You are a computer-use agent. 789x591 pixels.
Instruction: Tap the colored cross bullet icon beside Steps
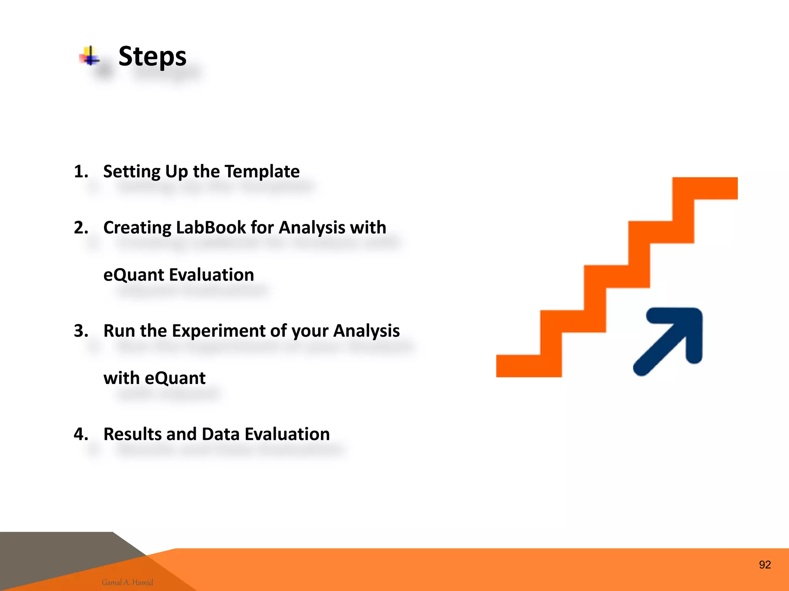click(90, 56)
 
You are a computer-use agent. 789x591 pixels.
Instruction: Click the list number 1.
click(81, 172)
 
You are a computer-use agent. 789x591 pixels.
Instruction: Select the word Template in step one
click(262, 172)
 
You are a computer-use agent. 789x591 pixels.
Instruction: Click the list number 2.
click(81, 228)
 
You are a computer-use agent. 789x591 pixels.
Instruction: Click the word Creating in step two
click(137, 228)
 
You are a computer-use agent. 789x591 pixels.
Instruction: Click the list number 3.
click(81, 331)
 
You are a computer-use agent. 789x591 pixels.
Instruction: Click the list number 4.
click(81, 434)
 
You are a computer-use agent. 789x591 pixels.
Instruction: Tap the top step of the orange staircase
click(705, 189)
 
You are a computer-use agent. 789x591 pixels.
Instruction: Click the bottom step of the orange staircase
click(528, 366)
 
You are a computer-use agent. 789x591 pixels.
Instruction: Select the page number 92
click(765, 565)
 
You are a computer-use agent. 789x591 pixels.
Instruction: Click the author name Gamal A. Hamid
click(128, 582)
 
